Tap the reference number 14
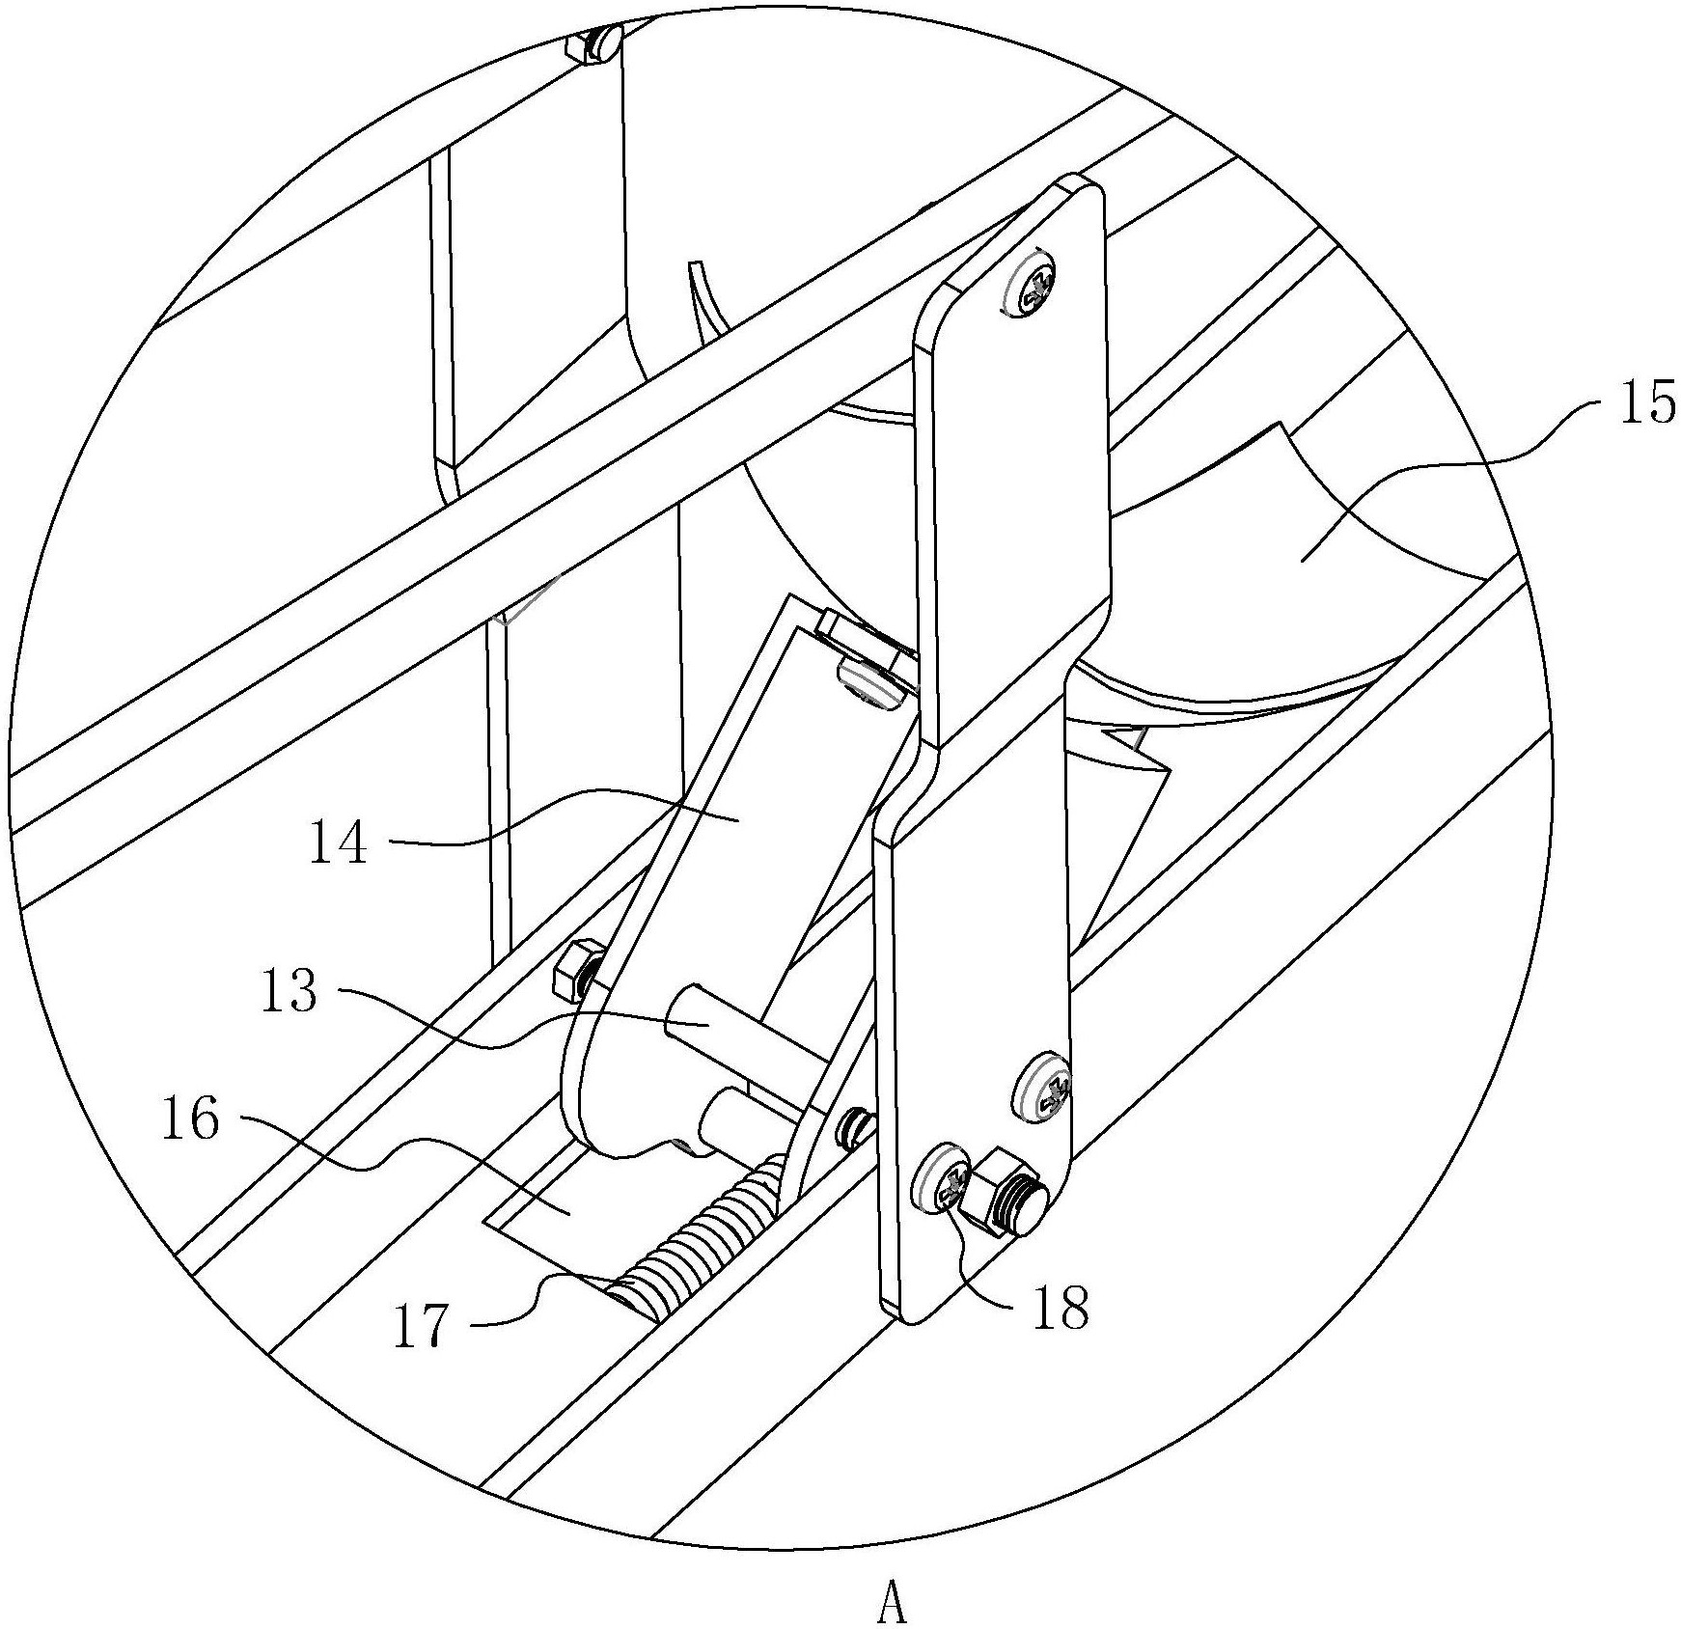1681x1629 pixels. coord(338,842)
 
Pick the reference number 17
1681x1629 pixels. coord(423,1326)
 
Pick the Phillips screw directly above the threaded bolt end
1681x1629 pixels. coord(1046,1087)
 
